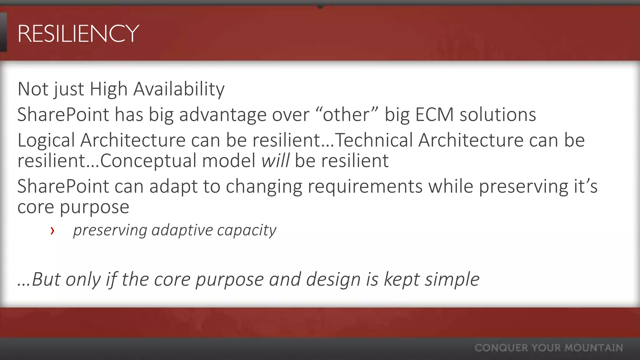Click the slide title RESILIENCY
point(78,33)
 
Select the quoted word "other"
point(347,115)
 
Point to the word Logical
point(46,140)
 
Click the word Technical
point(373,140)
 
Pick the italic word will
point(275,161)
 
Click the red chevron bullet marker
point(52,231)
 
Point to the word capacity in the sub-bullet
point(247,230)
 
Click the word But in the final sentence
point(46,279)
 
